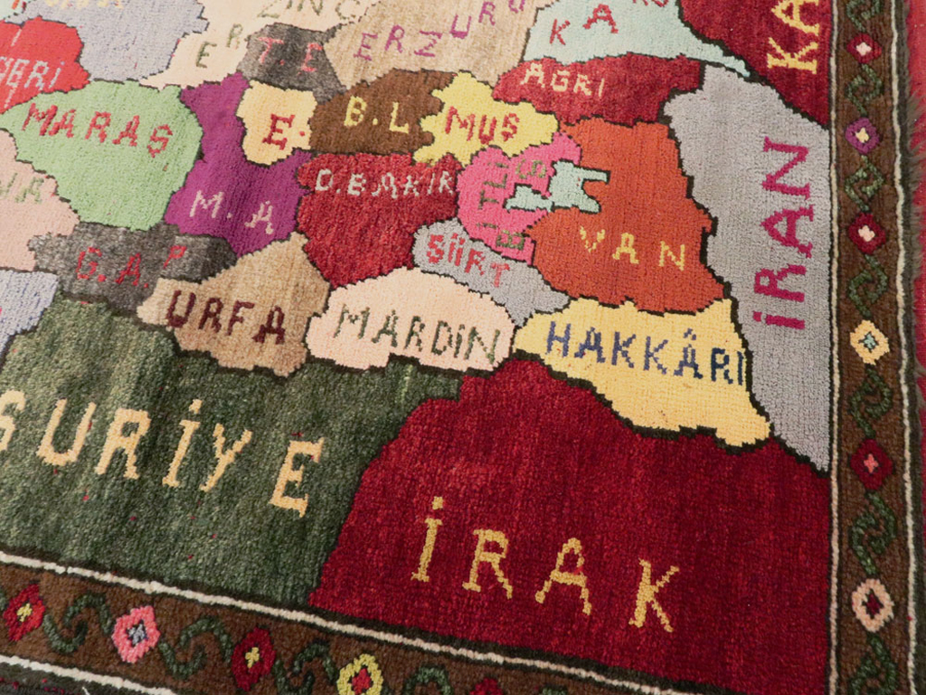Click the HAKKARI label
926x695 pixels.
(x=644, y=353)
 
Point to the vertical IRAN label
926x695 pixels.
(x=784, y=231)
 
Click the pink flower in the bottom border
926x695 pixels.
(x=136, y=633)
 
